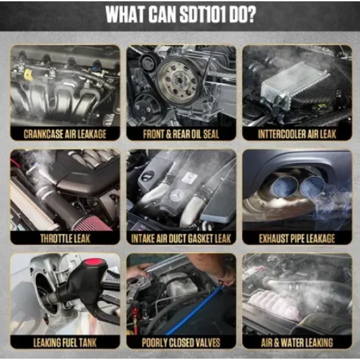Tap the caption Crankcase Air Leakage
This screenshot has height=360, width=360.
point(65,134)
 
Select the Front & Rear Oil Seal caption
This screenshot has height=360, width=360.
point(181,134)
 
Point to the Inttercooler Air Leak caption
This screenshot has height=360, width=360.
point(297,134)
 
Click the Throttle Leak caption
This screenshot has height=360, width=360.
point(65,238)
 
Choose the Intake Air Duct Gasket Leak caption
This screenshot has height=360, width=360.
point(181,238)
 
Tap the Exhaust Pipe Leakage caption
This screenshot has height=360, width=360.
point(297,238)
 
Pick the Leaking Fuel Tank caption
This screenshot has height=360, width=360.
point(65,342)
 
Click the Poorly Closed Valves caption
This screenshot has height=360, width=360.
point(181,342)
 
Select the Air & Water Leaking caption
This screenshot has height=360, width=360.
point(297,342)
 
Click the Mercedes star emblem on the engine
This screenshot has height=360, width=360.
point(176,195)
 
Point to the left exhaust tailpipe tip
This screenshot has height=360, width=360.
point(285,185)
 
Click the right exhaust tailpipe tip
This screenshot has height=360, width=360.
point(312,186)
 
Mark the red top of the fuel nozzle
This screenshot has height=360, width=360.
point(94,262)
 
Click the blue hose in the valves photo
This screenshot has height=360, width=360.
point(194,311)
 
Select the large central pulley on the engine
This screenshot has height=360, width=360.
point(177,81)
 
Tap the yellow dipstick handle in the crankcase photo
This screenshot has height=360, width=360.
point(28,75)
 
